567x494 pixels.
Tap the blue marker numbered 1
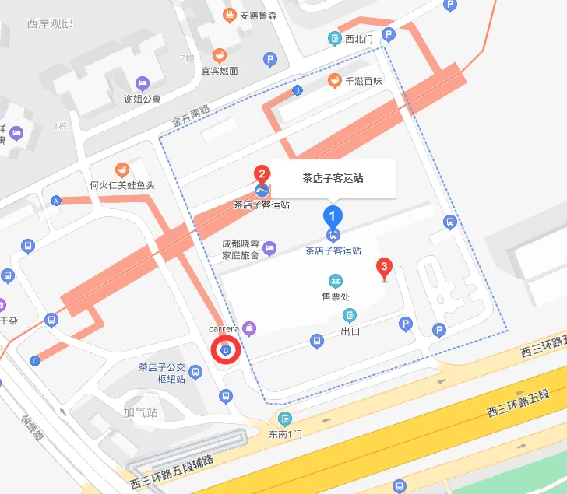[333, 215]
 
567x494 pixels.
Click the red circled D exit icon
[226, 351]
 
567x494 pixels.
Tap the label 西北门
[359, 38]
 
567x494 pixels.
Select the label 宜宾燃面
[220, 71]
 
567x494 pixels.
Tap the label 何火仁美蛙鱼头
[122, 185]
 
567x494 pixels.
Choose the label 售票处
[336, 296]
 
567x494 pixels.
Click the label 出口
[350, 331]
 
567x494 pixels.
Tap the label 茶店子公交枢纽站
[162, 373]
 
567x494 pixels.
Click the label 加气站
[141, 412]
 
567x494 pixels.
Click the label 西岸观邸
[50, 23]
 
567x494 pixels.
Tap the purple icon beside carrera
[249, 328]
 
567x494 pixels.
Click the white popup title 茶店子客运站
[333, 178]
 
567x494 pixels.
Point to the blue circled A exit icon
[55, 201]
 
